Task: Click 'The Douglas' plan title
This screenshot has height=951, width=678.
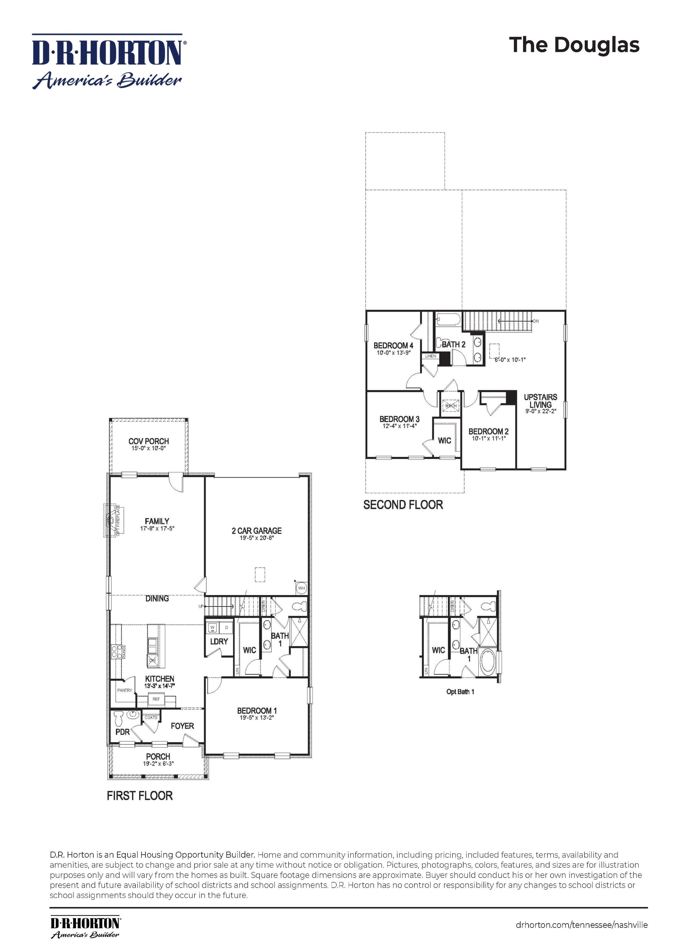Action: click(574, 45)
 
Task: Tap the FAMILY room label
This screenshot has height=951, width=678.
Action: click(157, 521)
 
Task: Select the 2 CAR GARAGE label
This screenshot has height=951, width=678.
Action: click(256, 531)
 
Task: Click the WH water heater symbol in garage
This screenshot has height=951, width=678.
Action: click(302, 588)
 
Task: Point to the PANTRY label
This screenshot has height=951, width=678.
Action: click(124, 690)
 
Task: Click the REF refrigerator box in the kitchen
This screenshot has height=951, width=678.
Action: click(156, 699)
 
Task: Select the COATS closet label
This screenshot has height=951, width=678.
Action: click(151, 718)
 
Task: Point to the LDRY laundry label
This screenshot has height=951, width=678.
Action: click(219, 641)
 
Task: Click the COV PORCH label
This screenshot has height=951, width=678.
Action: click(149, 442)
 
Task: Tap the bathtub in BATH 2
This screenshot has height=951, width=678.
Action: click(448, 320)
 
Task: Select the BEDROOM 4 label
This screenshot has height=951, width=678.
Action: click(393, 345)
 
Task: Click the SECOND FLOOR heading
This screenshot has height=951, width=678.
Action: click(403, 505)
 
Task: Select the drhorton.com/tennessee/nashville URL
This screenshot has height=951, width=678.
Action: click(581, 925)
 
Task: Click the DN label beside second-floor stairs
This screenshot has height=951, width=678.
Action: click(536, 321)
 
